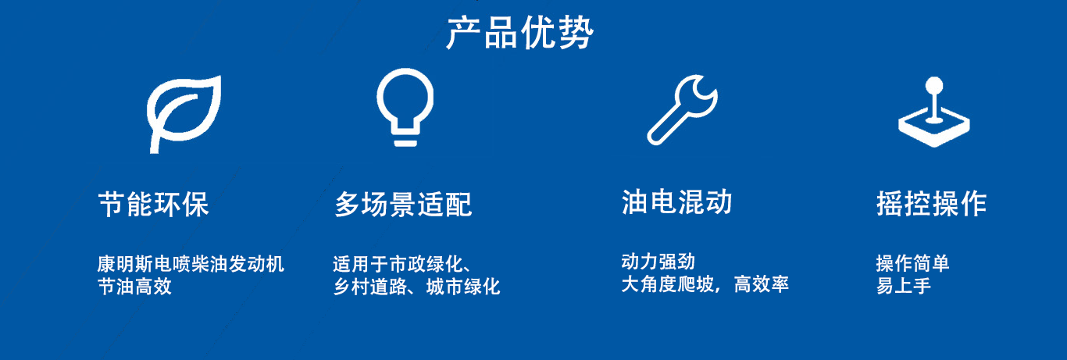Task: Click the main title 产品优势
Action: click(519, 33)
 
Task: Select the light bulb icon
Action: click(405, 107)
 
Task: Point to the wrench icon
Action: click(682, 110)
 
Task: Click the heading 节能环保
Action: click(153, 205)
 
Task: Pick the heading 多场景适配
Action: click(403, 205)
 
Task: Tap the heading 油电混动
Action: click(676, 202)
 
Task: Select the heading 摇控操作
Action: click(931, 204)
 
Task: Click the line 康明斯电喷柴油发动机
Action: click(191, 264)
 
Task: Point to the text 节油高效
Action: click(135, 287)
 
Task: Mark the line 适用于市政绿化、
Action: click(402, 264)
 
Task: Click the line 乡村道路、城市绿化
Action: click(417, 287)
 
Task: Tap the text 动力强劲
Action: click(658, 262)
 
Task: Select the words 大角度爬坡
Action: click(667, 284)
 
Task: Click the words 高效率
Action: click(761, 284)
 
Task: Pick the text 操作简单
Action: click(912, 263)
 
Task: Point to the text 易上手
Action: click(904, 286)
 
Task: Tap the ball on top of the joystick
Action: click(933, 86)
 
